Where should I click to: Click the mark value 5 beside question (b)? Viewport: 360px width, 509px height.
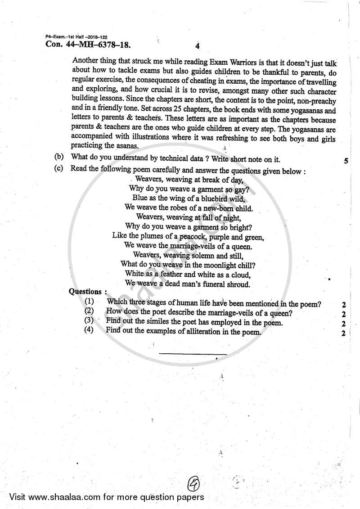pyautogui.click(x=346, y=161)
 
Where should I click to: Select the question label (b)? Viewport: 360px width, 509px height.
pyautogui.click(x=59, y=158)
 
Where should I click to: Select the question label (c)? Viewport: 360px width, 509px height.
pyautogui.click(x=59, y=171)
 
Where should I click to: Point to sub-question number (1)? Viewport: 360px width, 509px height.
pyautogui.click(x=89, y=303)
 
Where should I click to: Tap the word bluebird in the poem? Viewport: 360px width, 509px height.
pyautogui.click(x=212, y=198)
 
